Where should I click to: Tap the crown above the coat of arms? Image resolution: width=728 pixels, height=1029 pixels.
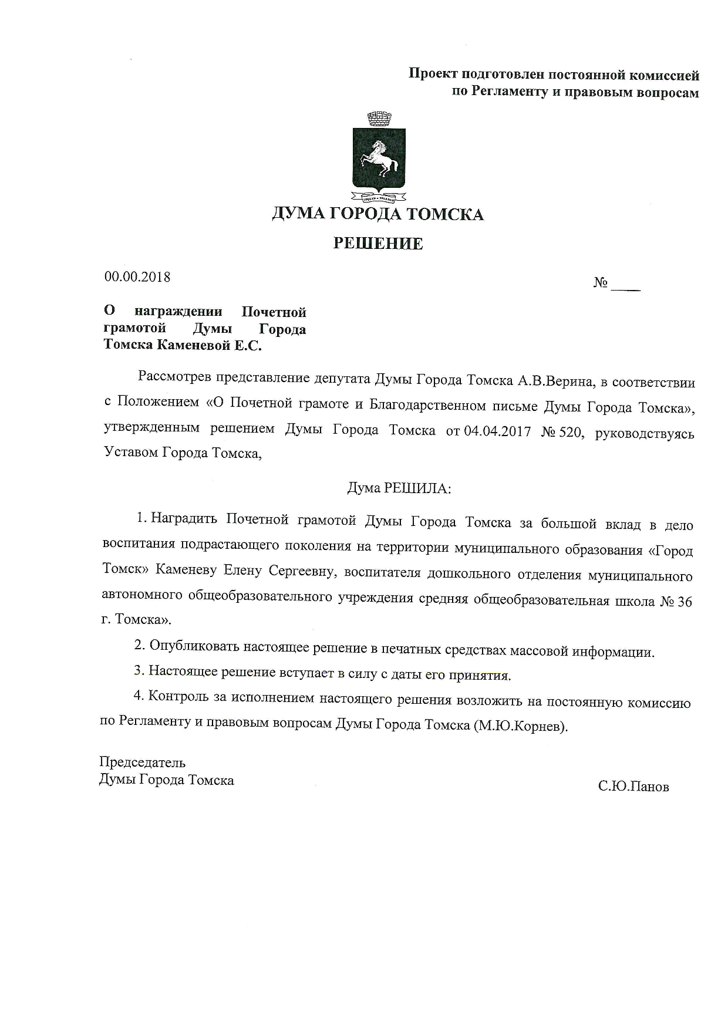[x=379, y=119]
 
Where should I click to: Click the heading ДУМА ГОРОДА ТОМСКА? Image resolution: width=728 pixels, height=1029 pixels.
[x=378, y=214]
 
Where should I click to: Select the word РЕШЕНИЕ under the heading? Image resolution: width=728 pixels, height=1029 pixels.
[x=378, y=244]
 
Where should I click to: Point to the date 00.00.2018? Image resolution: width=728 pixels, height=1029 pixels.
[x=137, y=277]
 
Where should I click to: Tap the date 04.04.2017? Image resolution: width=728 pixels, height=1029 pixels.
[x=497, y=432]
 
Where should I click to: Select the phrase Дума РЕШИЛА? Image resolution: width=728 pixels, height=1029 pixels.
[x=399, y=488]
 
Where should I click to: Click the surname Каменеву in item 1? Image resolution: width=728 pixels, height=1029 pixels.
[x=187, y=569]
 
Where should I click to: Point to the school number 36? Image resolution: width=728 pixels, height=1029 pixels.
[x=685, y=602]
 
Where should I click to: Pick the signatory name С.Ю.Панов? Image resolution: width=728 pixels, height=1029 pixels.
[x=633, y=787]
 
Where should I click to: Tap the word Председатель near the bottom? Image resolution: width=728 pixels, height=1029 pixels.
[x=142, y=763]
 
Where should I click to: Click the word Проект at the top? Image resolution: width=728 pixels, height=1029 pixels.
[x=433, y=74]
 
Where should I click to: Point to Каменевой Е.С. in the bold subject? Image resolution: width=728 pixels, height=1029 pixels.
[x=208, y=345]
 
